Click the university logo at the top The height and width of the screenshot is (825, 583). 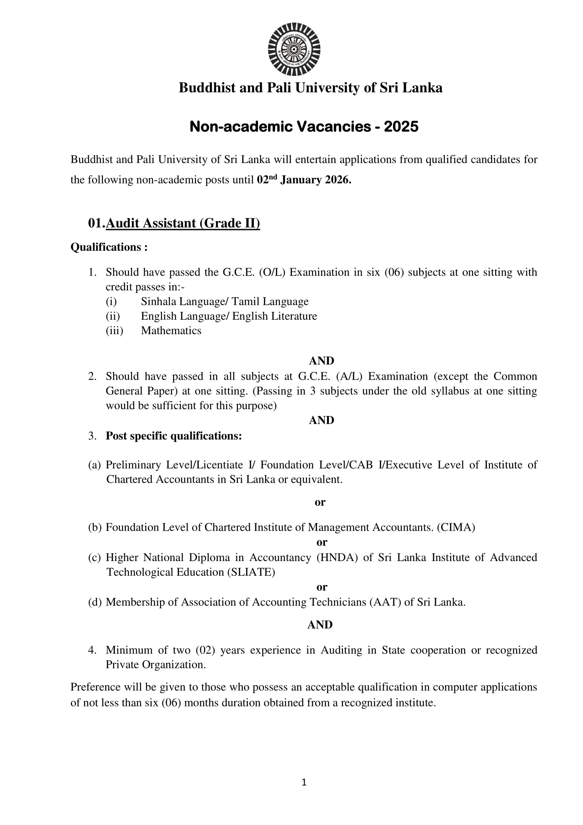click(294, 49)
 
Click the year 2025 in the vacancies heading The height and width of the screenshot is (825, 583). click(401, 126)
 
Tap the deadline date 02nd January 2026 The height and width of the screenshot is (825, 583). click(304, 180)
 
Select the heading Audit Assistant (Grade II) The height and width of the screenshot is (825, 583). click(183, 223)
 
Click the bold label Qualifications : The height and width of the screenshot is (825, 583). click(109, 247)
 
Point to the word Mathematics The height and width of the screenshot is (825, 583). click(171, 331)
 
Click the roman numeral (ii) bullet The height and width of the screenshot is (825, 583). click(112, 316)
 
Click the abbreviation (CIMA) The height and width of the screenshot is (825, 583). click(456, 527)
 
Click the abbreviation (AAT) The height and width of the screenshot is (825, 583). click(385, 602)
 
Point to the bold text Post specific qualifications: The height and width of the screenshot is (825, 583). click(174, 436)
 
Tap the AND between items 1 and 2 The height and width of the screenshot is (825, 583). click(321, 361)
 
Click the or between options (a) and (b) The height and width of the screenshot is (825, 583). click(320, 502)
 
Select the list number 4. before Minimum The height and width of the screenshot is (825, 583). click(92, 650)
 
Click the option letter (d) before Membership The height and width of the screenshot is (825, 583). click(95, 602)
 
